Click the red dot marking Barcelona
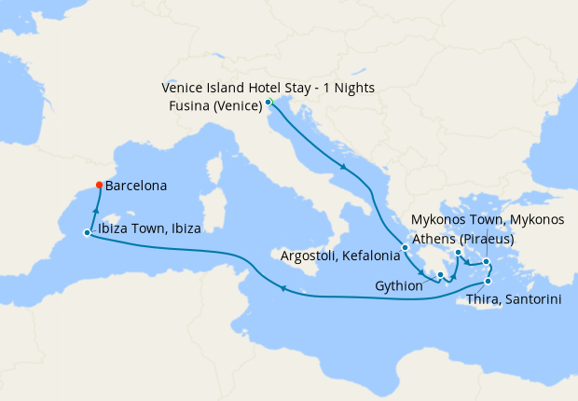coord(100,185)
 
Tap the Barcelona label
coord(136,186)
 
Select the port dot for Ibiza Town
coord(87,233)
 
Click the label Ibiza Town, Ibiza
coord(148,228)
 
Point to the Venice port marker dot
coord(268,102)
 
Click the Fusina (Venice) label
coord(214,105)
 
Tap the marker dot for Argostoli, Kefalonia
coord(405,248)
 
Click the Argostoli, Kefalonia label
coord(340,255)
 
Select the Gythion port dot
coord(441,274)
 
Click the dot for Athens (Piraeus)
coord(459,253)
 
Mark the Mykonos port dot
coord(486,261)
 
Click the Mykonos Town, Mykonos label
coord(488,220)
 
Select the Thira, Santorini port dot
coord(489,281)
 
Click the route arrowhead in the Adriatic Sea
coord(345,168)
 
